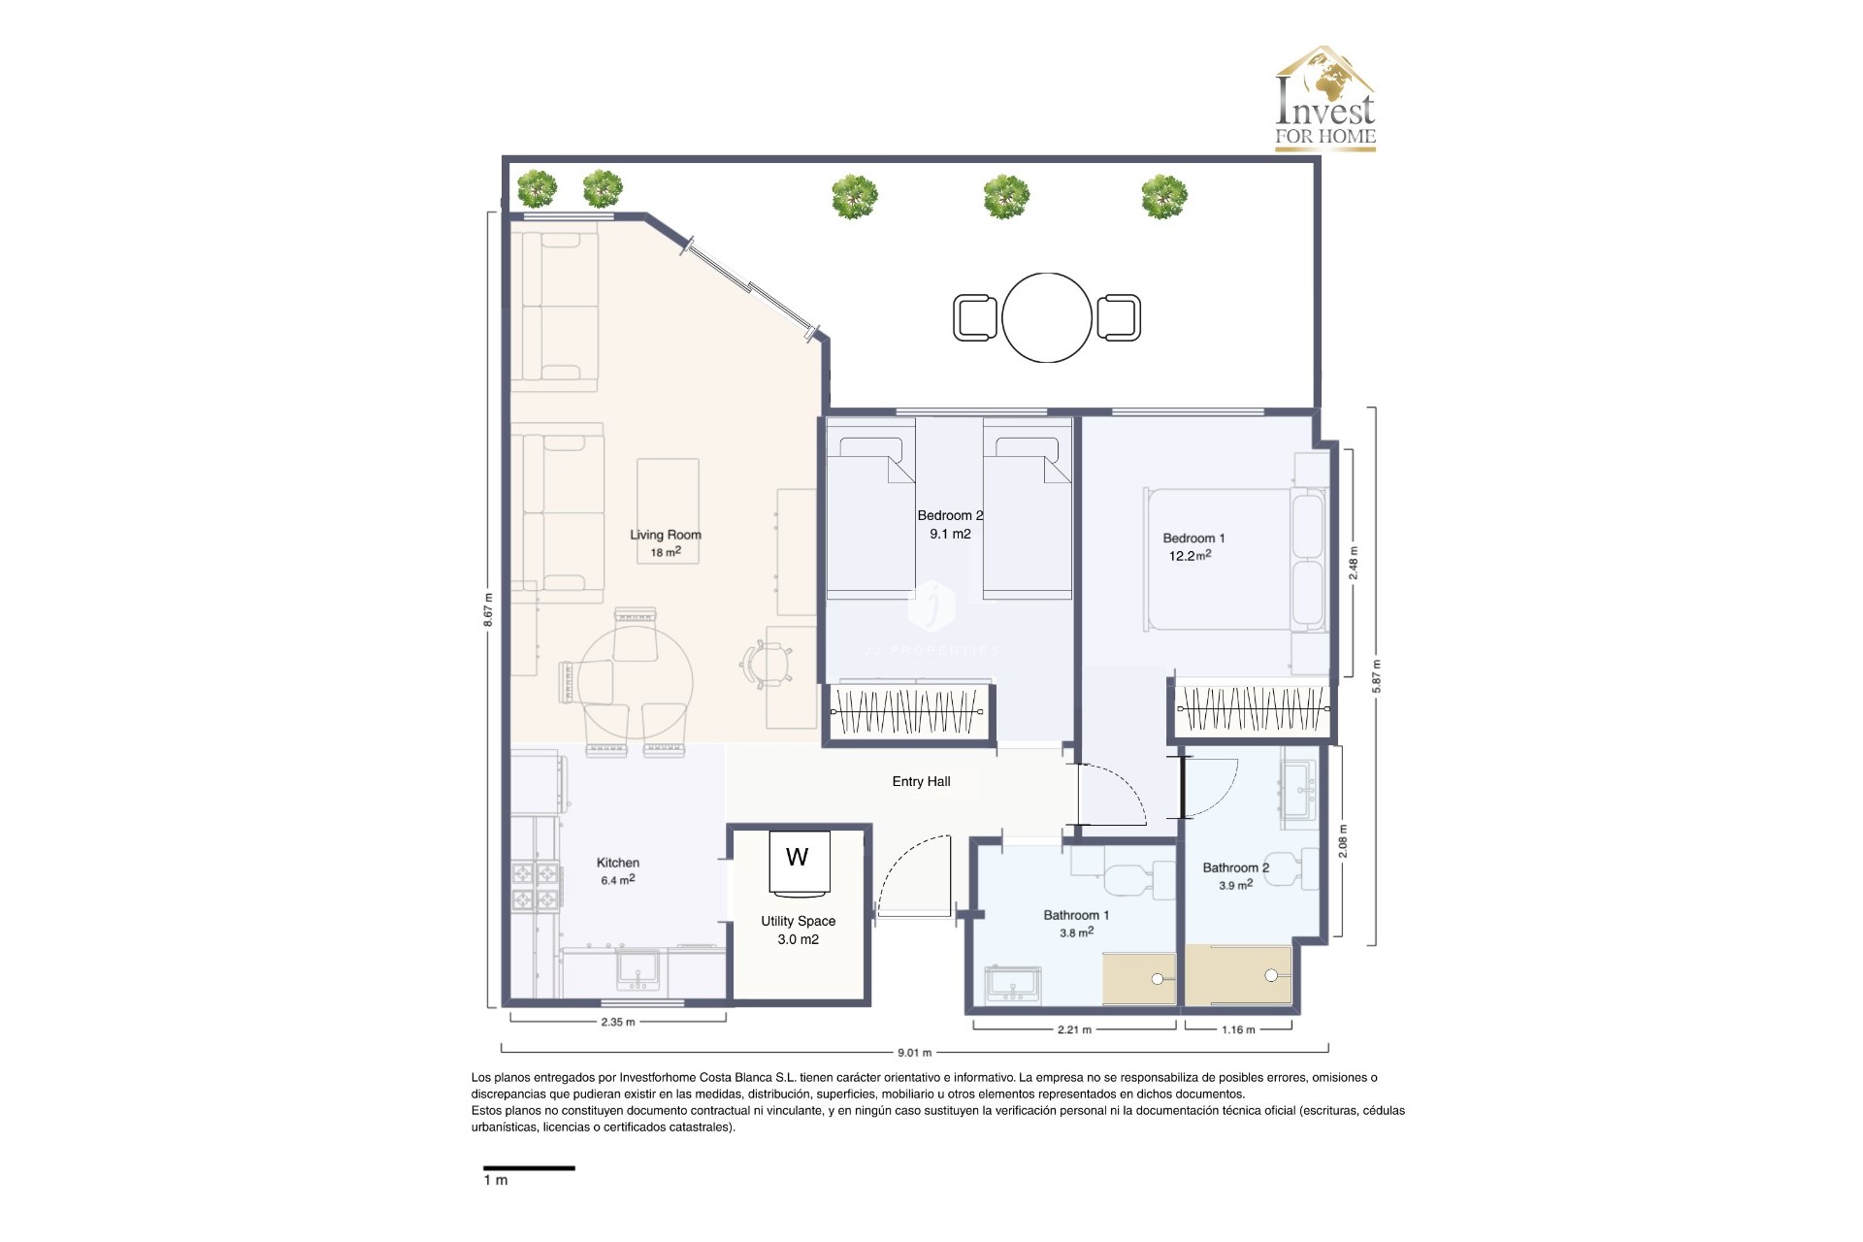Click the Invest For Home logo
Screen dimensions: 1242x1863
coord(1324,99)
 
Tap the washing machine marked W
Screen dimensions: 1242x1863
coord(799,861)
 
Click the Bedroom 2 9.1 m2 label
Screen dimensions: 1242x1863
coord(950,525)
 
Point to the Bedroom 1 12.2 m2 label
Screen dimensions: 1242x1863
coord(1193,547)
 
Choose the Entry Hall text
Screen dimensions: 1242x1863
coord(921,782)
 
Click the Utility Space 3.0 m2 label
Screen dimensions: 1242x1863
coord(798,930)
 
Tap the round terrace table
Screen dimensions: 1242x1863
coord(1047,317)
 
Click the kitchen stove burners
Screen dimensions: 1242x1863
coord(536,886)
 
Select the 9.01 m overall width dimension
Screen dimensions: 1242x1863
coord(914,1053)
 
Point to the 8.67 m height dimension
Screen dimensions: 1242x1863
coord(489,610)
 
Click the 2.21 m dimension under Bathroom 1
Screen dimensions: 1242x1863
coord(1074,1030)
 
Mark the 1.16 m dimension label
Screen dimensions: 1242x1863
coord(1238,1030)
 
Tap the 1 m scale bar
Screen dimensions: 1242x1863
coord(529,1168)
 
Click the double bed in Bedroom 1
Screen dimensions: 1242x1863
coord(1232,560)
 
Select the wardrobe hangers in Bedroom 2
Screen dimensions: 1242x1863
coord(906,711)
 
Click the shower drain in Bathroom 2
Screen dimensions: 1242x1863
coord(1271,975)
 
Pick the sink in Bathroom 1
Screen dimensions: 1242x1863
coord(1013,985)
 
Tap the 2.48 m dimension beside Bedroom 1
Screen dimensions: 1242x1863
coord(1354,563)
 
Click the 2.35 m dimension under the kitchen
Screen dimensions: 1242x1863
coord(618,1022)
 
